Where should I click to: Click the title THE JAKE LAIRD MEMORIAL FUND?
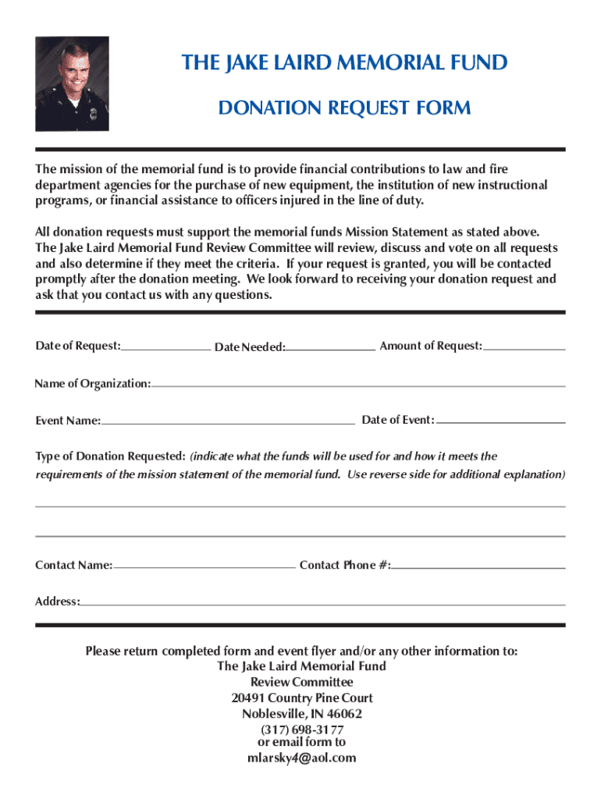(x=344, y=62)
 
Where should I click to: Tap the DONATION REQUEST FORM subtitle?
(x=344, y=108)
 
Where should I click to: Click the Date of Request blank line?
(x=165, y=349)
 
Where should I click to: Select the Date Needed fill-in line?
(x=330, y=349)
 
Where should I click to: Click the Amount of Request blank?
(x=525, y=348)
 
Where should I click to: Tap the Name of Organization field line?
(x=358, y=385)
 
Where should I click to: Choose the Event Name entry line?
(x=227, y=422)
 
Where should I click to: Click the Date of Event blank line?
(x=500, y=422)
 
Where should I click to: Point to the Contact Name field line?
(x=204, y=567)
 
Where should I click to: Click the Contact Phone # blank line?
(x=478, y=567)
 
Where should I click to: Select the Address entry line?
(x=322, y=604)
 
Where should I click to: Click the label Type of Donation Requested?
(x=110, y=456)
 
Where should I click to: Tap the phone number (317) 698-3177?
(x=300, y=730)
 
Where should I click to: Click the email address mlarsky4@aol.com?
(x=300, y=758)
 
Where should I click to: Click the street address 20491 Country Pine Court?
(x=301, y=698)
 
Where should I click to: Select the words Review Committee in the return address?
(x=301, y=682)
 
